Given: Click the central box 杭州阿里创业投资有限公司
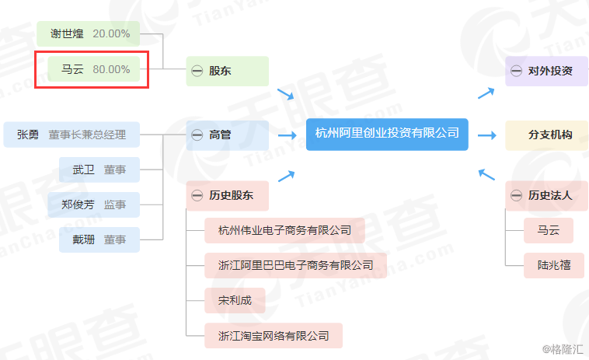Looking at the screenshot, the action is (387, 134).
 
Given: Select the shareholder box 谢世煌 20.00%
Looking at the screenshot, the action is (88, 33).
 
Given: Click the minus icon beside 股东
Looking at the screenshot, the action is (197, 72).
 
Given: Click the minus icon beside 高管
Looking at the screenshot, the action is (197, 135).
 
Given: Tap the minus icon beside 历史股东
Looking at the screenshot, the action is (197, 196).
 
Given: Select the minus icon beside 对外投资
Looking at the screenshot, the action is (516, 72).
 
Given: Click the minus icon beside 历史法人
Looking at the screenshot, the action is (516, 196).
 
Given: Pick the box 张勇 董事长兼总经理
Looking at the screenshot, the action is (71, 135).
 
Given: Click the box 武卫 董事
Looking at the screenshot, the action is (99, 170).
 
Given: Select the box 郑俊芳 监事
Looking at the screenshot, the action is (99, 204).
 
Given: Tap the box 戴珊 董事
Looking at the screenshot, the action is (99, 239).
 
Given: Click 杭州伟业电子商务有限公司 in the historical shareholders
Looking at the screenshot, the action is (284, 230).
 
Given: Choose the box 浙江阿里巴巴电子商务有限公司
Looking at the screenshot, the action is (295, 265).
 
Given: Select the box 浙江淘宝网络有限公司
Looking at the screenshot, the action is (274, 336).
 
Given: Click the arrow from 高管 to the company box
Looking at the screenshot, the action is (288, 135).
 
